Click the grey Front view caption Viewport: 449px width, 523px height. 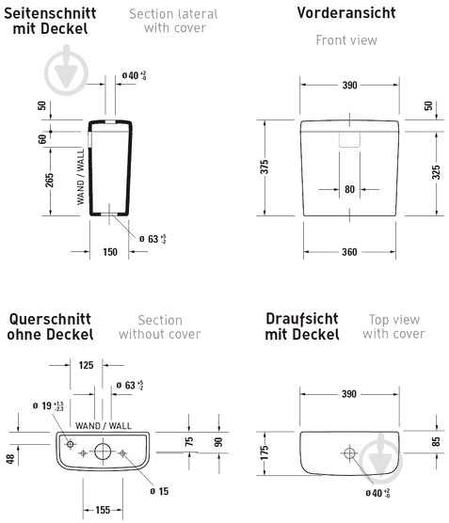(x=345, y=40)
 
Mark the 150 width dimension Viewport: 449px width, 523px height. (x=109, y=251)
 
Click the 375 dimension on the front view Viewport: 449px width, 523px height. (x=265, y=167)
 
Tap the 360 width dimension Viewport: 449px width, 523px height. (x=349, y=251)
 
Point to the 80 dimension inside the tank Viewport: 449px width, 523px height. (x=349, y=189)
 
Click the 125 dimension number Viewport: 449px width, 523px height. (x=86, y=364)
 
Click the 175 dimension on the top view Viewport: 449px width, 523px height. (x=265, y=452)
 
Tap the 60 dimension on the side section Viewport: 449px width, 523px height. (x=41, y=139)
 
